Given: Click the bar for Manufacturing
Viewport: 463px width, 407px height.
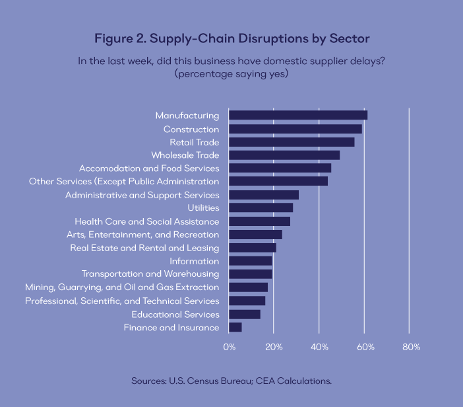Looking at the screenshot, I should click(298, 116).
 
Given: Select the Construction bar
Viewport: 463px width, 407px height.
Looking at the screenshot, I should click(295, 129).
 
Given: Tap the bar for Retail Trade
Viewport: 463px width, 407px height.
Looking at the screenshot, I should click(292, 142).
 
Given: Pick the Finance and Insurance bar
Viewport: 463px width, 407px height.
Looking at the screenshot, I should click(235, 327).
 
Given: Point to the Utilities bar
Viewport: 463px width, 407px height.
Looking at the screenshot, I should click(261, 208).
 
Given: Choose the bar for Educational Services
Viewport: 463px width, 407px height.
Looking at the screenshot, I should click(245, 314).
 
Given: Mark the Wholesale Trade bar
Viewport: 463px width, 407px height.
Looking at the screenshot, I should click(284, 155).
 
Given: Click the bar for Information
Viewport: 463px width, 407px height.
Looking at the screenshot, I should click(251, 261).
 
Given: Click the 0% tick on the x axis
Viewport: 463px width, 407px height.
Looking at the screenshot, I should click(229, 347).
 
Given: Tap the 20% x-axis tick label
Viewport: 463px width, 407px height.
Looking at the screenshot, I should click(274, 347).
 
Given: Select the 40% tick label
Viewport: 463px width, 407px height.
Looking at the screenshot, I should click(319, 347).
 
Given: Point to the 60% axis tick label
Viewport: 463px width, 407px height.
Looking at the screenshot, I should click(365, 347).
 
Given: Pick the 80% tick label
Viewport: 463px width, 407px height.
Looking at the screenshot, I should click(410, 347).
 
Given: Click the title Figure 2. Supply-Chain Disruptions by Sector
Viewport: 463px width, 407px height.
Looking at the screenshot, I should click(231, 37).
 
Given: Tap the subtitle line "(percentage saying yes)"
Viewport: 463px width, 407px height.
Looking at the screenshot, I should click(231, 73).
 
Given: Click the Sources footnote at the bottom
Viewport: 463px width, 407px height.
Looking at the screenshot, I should click(231, 381).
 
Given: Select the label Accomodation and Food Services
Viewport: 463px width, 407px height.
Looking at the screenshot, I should click(149, 168).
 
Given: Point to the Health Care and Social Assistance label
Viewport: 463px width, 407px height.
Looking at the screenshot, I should click(146, 221).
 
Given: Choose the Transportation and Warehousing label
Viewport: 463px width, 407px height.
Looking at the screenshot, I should click(150, 274).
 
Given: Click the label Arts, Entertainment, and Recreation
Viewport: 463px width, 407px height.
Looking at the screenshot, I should click(142, 235).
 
